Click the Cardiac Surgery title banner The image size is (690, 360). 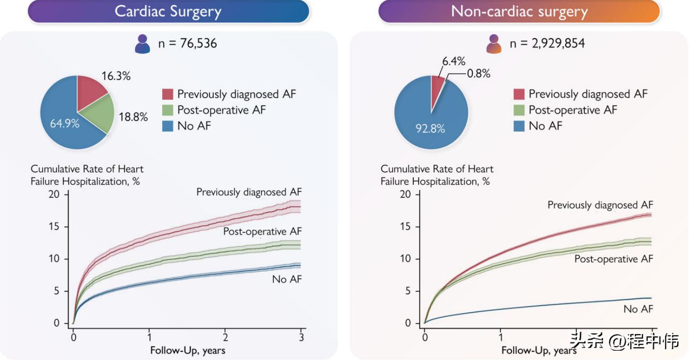coord(168,11)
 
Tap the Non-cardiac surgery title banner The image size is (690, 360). coord(519,11)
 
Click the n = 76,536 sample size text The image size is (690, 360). coord(187,44)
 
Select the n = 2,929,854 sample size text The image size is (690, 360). coord(547,44)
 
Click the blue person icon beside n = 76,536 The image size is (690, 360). coord(143,44)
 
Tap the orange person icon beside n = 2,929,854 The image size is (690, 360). coord(494,44)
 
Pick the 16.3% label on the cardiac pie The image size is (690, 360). coord(116,76)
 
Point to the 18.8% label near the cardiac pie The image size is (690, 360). coord(133,117)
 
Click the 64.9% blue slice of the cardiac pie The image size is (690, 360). coord(64,123)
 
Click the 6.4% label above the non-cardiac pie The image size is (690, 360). coord(453,61)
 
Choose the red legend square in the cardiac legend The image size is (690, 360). coord(168,94)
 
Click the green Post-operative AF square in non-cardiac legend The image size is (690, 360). coord(519,110)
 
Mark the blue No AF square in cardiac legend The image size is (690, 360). coord(168,126)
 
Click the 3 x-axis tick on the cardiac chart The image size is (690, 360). coord(301,338)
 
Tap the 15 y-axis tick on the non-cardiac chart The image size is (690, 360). coord(405,227)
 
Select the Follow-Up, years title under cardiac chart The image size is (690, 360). coord(187,350)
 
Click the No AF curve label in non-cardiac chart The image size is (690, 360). coord(638,309)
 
